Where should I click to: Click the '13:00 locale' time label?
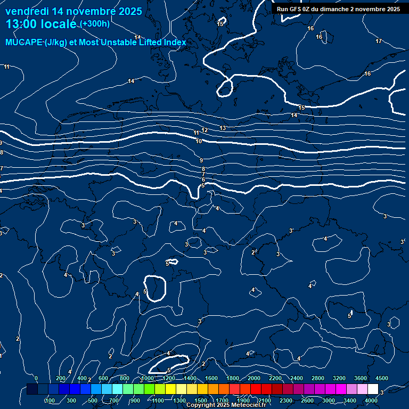pyautogui.click(x=42, y=24)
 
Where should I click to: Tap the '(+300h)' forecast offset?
pyautogui.click(x=95, y=24)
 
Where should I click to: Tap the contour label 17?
pyautogui.click(x=379, y=41)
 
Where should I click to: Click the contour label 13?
pyautogui.click(x=223, y=128)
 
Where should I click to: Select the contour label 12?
pyautogui.click(x=204, y=130)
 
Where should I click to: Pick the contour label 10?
pyautogui.click(x=199, y=141)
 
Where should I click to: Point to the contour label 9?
pyautogui.click(x=201, y=160)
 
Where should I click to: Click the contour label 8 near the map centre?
pyautogui.click(x=203, y=169)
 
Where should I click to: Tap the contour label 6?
pyautogui.click(x=203, y=180)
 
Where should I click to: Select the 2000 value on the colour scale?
pyautogui.click(x=253, y=378)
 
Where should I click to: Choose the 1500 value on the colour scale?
pyautogui.click(x=201, y=400)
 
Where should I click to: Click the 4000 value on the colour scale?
pyautogui.click(x=372, y=400)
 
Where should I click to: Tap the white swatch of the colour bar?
pyautogui.click(x=373, y=389)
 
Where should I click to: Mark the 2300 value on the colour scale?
pyautogui.click(x=286, y=400)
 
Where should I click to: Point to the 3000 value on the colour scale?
pyautogui.click(x=329, y=400)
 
